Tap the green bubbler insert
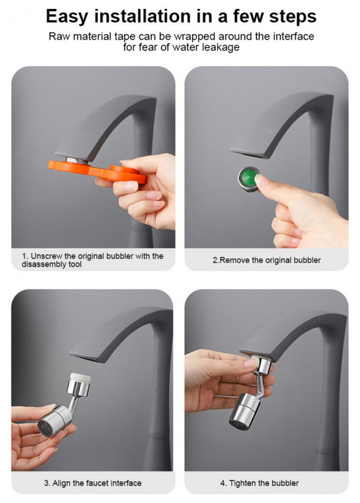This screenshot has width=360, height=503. click(248, 179)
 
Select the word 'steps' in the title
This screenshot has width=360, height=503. click(293, 16)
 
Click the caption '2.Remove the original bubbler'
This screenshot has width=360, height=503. click(267, 260)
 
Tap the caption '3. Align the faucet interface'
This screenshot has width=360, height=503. click(93, 483)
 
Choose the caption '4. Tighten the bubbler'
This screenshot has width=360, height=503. click(260, 483)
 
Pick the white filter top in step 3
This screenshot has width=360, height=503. click(79, 378)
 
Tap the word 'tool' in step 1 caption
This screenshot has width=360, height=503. click(75, 264)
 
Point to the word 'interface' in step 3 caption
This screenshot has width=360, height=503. click(124, 483)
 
